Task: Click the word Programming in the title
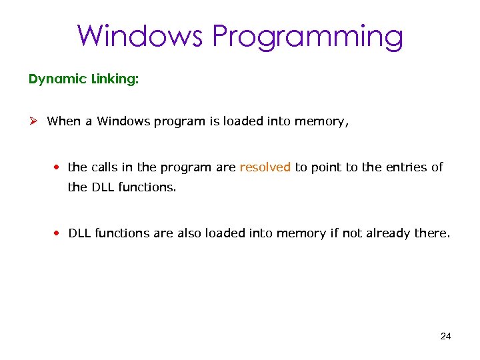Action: coord(308,36)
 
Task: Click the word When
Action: coord(63,121)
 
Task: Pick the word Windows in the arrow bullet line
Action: coord(123,121)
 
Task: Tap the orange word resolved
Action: coord(265,167)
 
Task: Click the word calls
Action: coord(105,167)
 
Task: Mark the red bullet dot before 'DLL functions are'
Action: coord(59,233)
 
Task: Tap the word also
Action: coord(189,233)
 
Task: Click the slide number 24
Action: coord(446,336)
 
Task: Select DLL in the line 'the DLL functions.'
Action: coord(103,187)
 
